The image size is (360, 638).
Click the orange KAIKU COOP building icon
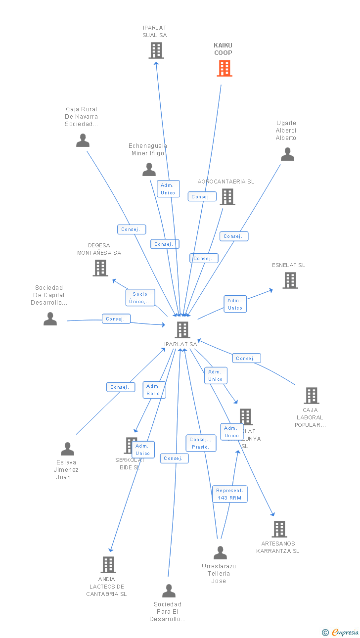point(225,68)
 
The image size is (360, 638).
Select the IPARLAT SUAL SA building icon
point(156,50)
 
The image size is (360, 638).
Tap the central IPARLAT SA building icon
point(182,330)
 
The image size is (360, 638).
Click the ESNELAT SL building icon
point(290,280)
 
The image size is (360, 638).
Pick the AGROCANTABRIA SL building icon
point(227,197)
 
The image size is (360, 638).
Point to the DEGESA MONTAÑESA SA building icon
point(100,268)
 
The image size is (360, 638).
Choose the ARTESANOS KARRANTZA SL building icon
point(279,529)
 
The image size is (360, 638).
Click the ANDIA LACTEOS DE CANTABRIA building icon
point(108,565)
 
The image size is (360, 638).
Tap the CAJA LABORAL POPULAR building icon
point(311,396)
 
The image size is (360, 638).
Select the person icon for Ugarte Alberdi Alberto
point(287,154)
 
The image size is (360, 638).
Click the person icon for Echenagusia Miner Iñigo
point(149,170)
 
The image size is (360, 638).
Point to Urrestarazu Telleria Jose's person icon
point(220,553)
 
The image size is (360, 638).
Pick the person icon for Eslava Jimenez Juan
point(67,449)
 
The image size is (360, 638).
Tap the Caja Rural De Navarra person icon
point(83,140)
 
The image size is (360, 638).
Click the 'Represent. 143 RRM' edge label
point(230,494)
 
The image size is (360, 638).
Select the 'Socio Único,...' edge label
point(140,298)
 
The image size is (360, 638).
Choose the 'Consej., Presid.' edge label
point(201,443)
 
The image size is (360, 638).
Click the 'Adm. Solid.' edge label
point(154,390)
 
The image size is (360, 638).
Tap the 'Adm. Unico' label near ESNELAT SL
point(235,304)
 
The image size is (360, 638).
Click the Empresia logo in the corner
point(341,632)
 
